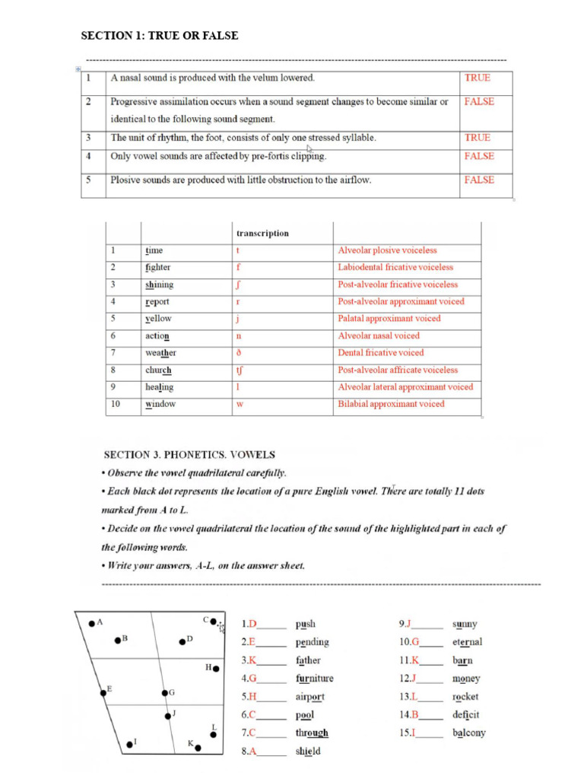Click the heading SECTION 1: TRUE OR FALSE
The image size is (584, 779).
(x=160, y=36)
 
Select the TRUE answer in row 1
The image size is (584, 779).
(x=477, y=78)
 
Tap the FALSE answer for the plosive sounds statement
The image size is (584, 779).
(x=478, y=180)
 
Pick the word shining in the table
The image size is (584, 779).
(x=159, y=285)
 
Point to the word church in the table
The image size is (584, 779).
(x=158, y=370)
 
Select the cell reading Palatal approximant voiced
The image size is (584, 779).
(x=389, y=319)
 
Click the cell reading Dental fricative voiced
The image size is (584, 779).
(x=381, y=353)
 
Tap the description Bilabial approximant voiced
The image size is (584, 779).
(x=391, y=404)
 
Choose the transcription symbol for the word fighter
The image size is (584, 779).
(x=239, y=268)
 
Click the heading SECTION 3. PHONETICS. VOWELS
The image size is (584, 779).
(x=189, y=455)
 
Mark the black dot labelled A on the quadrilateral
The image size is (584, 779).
(x=92, y=623)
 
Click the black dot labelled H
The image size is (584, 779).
(x=216, y=669)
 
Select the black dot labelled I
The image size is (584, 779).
(x=129, y=744)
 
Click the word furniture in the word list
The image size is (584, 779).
(x=314, y=679)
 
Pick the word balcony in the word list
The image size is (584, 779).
(x=468, y=733)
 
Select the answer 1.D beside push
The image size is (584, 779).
(x=249, y=625)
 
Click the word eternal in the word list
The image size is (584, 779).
(x=467, y=642)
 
